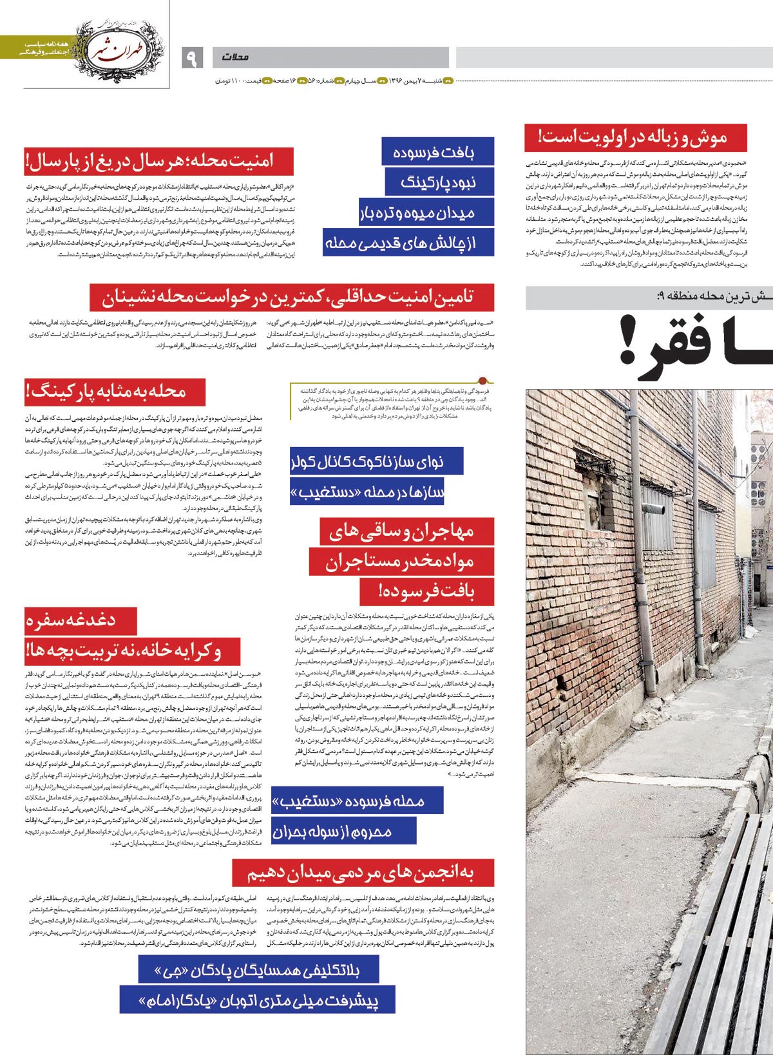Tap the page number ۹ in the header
point(191,57)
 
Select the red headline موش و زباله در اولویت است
point(635,138)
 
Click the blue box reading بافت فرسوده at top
point(437,153)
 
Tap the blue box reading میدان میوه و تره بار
point(426,213)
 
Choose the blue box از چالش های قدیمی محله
point(408,243)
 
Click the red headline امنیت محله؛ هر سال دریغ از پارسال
point(158,161)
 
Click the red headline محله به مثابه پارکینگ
point(115,392)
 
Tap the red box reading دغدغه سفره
point(81,621)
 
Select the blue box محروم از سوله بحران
point(343,831)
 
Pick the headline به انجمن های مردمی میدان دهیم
point(363,873)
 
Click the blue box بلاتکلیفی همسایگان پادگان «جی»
point(258,971)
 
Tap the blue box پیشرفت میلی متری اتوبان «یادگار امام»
point(257,1000)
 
